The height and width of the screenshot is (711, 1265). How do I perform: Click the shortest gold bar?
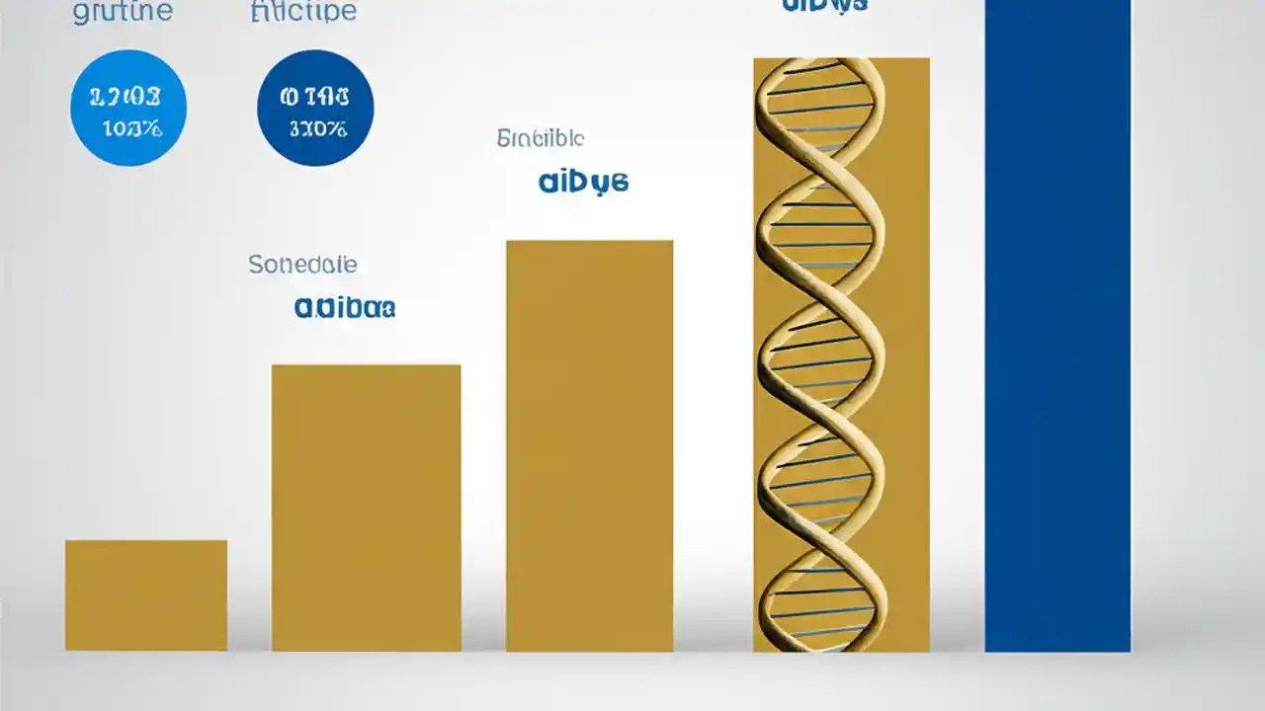coord(146,594)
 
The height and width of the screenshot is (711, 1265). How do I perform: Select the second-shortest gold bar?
coord(366,508)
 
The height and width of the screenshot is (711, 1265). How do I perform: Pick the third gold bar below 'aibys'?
coord(589,445)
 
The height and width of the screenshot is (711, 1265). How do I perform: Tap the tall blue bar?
coord(1057,326)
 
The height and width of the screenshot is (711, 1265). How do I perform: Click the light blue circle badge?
coord(128,108)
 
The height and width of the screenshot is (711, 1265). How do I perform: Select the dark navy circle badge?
coord(315,108)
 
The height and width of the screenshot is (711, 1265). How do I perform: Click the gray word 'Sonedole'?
coord(302,265)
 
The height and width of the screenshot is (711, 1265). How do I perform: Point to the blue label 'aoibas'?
coord(345,307)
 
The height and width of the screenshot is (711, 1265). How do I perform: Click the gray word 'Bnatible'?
coord(540,138)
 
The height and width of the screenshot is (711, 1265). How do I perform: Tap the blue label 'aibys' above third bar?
coord(583,182)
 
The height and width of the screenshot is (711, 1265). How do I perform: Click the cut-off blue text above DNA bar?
coord(824,5)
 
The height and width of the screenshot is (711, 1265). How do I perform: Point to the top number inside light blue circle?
coord(125,97)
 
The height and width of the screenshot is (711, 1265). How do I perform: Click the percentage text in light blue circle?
coord(131,128)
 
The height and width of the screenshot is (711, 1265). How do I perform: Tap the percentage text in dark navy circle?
coord(317,128)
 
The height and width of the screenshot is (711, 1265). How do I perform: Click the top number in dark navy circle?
coord(314,97)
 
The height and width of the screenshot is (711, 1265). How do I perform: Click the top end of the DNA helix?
coord(820,67)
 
